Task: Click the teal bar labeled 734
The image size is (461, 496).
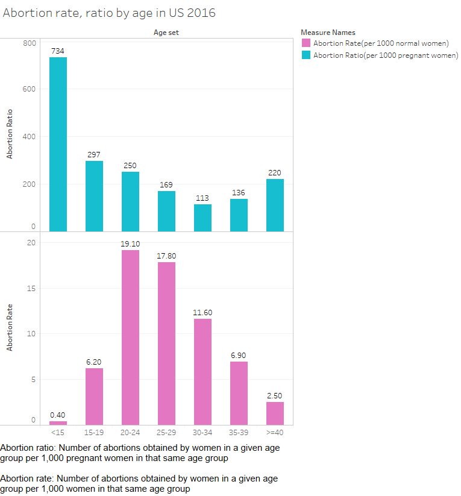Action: [x=58, y=144]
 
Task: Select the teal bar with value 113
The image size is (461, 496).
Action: [x=202, y=218]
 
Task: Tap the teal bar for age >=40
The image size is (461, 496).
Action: [x=275, y=205]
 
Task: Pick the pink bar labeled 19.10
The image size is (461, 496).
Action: [x=130, y=337]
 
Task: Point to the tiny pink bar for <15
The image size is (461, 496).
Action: [x=58, y=423]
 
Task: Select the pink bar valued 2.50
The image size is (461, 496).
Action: [x=275, y=413]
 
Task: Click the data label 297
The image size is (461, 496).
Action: [x=94, y=155]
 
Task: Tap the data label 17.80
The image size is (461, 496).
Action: [x=166, y=256]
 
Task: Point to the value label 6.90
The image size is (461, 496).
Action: [x=239, y=356]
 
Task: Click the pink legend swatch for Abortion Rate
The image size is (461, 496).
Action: [x=306, y=43]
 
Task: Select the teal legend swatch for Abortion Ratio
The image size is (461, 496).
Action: [x=306, y=55]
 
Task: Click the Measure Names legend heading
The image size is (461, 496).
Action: [x=327, y=33]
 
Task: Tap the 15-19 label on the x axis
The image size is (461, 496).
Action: [x=94, y=432]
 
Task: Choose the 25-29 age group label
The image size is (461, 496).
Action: [x=166, y=432]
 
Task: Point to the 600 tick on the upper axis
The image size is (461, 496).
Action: [x=30, y=89]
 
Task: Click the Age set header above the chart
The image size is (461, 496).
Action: [x=166, y=33]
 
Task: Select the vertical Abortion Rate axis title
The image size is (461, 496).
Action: [x=10, y=327]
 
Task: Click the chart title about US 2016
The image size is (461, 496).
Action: [x=109, y=13]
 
